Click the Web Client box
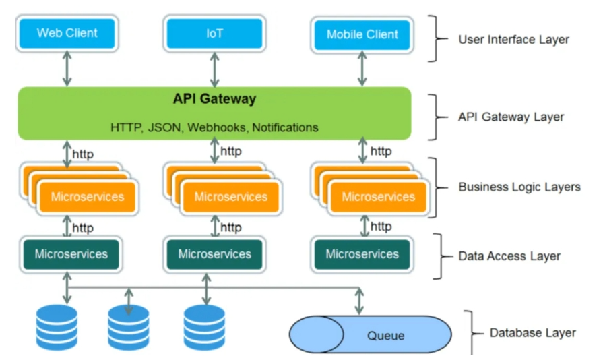pos(67,33)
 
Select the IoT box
pos(214,33)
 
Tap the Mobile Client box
pos(362,34)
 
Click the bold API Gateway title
pos(214,99)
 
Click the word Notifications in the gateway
pos(285,127)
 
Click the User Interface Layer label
pos(513,39)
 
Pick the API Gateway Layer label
pos(511,117)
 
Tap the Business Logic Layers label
pos(519,187)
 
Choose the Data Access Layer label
pos(509,256)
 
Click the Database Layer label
pos(532,332)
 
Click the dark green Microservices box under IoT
pos(214,254)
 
